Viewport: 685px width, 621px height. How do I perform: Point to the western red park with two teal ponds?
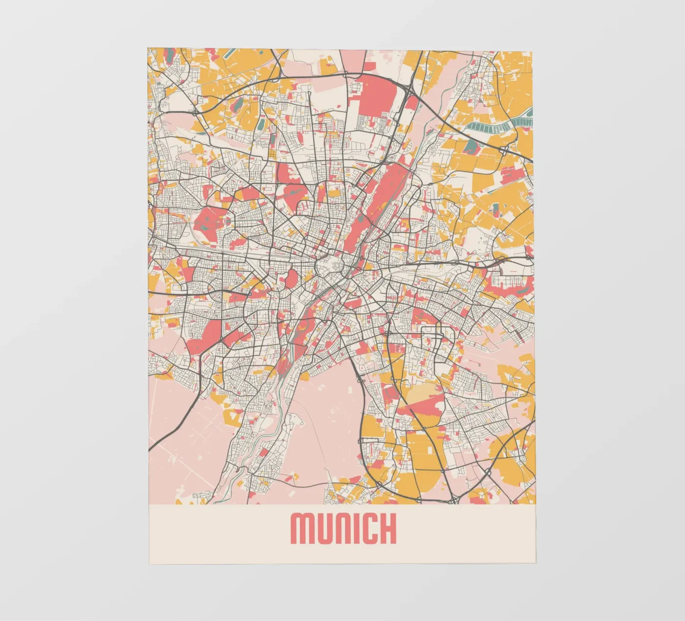[211, 220]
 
